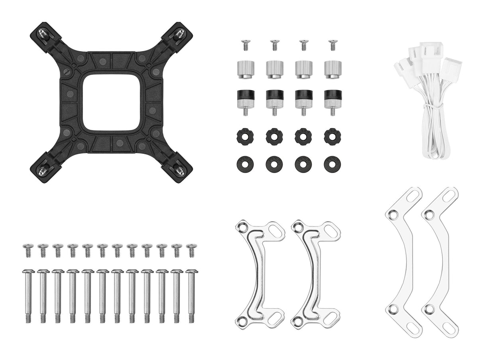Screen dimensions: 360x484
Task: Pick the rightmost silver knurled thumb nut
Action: click(332, 69)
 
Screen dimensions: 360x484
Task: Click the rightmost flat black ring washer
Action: click(332, 164)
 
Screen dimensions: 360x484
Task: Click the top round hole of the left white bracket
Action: click(393, 214)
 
